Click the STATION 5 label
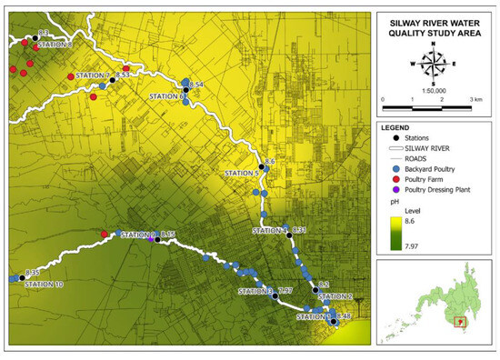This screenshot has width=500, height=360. click(x=241, y=173)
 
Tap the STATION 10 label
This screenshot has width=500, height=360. click(x=44, y=285)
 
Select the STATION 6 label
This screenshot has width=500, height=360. click(x=165, y=96)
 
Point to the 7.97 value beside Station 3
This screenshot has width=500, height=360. click(x=285, y=290)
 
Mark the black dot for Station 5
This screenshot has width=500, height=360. click(x=262, y=167)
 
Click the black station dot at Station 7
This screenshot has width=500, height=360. click(x=112, y=80)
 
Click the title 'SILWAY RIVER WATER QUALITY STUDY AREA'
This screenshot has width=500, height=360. click(x=434, y=27)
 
